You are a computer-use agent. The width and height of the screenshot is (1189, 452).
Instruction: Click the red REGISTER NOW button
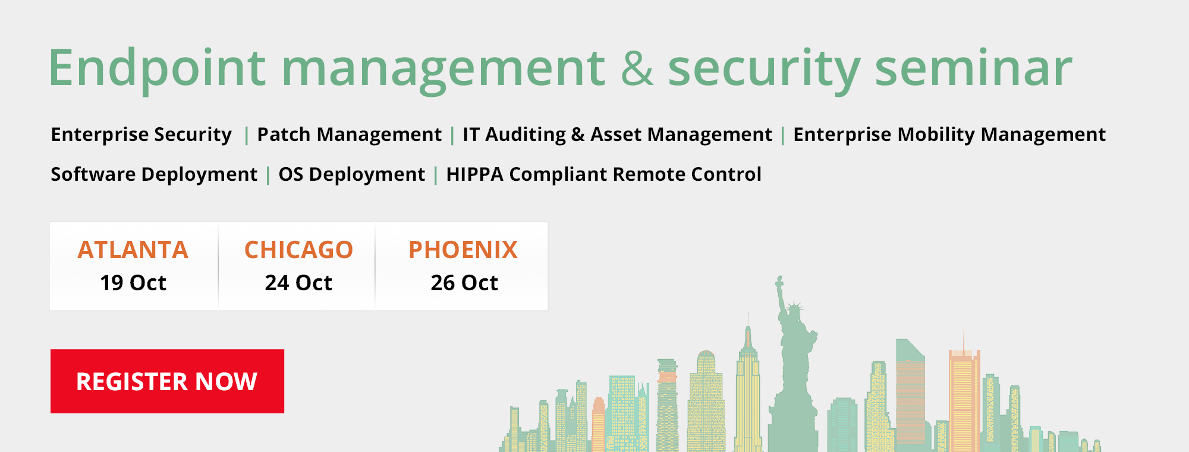point(167,381)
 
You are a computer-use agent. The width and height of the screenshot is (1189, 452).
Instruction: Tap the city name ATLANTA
point(133,250)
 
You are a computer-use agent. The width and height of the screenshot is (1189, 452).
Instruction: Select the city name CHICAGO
point(298,250)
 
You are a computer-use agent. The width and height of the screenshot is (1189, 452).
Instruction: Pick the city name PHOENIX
point(463,250)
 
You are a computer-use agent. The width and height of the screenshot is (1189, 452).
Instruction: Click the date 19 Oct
point(133,282)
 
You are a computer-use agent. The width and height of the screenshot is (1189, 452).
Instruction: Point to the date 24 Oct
point(298,282)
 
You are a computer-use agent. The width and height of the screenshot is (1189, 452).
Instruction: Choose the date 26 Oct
point(464,282)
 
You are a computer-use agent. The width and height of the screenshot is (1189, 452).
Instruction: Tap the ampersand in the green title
point(637,67)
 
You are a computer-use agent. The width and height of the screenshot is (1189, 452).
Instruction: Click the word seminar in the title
point(974,68)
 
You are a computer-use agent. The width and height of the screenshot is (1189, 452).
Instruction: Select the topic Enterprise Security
point(141,135)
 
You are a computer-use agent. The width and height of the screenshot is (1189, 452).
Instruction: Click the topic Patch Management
point(350,135)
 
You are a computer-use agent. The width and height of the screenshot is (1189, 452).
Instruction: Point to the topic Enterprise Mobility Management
point(949,135)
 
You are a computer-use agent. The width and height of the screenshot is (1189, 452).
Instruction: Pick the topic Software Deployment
point(154,175)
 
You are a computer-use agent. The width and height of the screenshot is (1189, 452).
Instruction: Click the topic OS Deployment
point(352,175)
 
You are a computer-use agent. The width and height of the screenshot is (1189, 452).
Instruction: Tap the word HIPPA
point(475,174)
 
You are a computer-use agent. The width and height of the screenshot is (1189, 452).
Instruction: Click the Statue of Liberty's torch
point(779,280)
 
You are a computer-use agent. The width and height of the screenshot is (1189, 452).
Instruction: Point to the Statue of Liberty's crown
point(794,308)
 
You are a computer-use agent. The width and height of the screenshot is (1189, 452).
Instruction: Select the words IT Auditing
point(514,135)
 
